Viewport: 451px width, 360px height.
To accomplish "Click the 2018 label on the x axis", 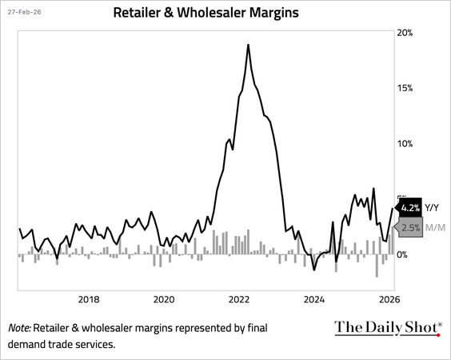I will coord(88,299).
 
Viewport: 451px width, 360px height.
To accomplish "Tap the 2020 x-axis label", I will coord(163,299).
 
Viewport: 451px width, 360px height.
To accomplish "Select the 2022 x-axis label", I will coord(239,299).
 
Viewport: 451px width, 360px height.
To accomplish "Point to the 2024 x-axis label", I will coord(314,299).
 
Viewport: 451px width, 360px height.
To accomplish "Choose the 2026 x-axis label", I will coord(389,299).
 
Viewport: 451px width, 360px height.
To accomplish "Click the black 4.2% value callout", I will coord(409,208).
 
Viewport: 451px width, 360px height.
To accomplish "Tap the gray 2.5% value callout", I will coord(409,228).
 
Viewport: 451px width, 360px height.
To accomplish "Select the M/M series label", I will coord(435,228).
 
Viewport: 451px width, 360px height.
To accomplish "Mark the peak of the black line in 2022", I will coord(249,45).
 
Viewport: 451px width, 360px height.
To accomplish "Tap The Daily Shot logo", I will coord(387,327).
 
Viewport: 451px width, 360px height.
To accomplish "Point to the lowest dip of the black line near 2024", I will coord(313,270).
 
